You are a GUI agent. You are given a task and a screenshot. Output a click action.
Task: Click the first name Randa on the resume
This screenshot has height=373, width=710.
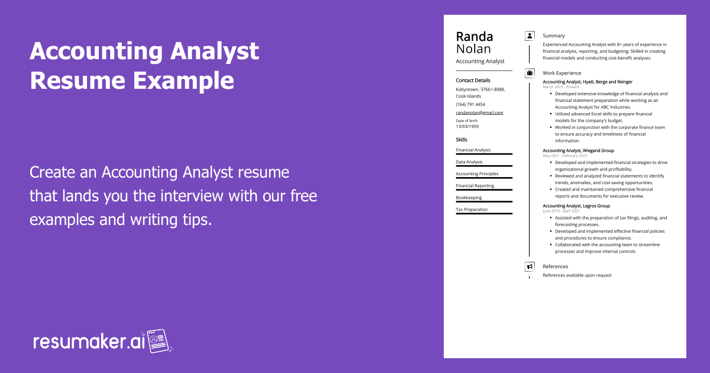474,36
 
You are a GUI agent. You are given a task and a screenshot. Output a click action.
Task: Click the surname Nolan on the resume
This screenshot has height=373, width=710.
473,49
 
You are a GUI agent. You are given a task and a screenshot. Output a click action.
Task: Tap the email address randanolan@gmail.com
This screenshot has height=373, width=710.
479,112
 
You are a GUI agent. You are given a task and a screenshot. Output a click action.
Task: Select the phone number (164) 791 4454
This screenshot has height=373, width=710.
470,104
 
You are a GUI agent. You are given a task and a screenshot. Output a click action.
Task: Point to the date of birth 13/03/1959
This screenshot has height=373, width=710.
467,126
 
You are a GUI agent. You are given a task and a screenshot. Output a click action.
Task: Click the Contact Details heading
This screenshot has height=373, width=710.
473,81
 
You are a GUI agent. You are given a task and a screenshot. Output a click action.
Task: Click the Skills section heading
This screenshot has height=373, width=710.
461,140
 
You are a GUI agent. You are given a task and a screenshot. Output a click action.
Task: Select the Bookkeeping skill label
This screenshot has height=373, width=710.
469,198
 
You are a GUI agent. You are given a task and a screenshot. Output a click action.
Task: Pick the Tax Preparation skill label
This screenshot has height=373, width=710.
472,210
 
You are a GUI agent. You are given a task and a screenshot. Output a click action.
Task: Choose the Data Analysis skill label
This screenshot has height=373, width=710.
469,162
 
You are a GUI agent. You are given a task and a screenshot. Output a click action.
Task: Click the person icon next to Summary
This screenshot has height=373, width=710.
530,36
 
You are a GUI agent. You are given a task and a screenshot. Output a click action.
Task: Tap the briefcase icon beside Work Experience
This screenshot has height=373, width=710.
530,73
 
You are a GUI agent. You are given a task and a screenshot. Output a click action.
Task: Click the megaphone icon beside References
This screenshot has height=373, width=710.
530,266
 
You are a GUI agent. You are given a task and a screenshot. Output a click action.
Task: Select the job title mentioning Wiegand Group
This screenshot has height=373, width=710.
578,150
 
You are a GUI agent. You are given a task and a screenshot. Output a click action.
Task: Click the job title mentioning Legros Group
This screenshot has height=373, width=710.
576,206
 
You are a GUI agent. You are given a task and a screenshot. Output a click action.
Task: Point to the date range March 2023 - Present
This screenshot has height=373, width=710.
561,87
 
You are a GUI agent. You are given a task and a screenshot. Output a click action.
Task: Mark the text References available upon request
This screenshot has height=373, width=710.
577,275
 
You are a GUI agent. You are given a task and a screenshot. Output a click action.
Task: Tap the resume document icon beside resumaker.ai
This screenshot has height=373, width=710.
159,341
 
